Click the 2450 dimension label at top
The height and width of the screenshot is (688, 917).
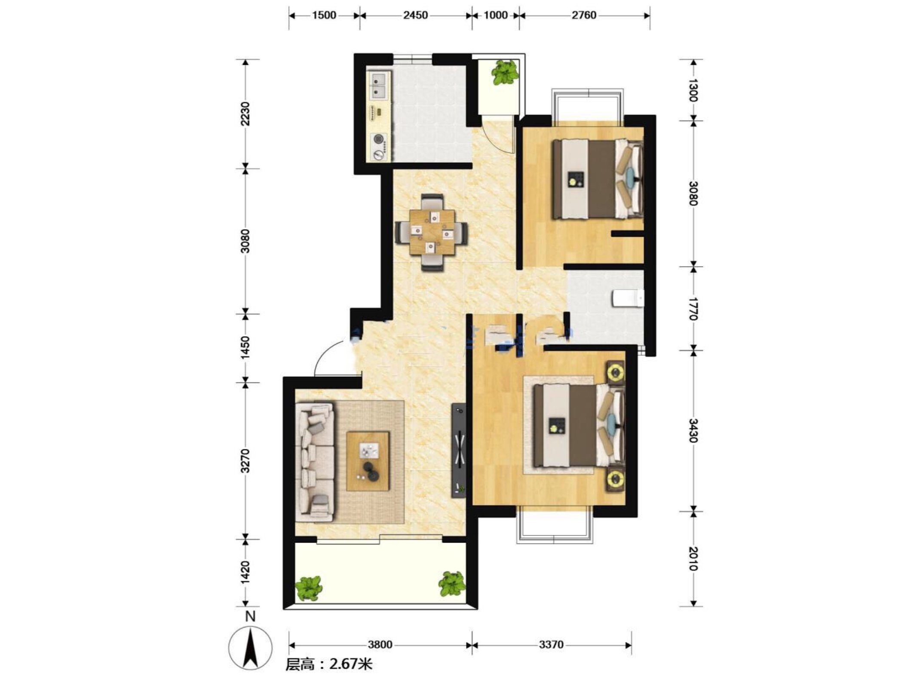pyautogui.click(x=415, y=15)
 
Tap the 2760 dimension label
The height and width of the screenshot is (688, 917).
pyautogui.click(x=584, y=15)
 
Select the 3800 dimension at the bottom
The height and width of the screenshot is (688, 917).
pyautogui.click(x=380, y=645)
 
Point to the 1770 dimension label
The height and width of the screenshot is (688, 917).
pyautogui.click(x=693, y=308)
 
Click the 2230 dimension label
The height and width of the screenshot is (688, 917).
pyautogui.click(x=245, y=114)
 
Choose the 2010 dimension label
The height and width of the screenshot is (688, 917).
pyautogui.click(x=693, y=559)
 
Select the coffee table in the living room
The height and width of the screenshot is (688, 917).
pyautogui.click(x=368, y=461)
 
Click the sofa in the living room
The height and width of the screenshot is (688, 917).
pyautogui.click(x=315, y=460)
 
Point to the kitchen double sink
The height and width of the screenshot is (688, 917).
pyautogui.click(x=78, y=86)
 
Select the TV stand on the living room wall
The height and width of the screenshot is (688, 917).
pyautogui.click(x=459, y=450)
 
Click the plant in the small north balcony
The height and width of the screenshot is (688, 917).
pyautogui.click(x=504, y=73)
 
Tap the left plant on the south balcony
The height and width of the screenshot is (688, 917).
pyautogui.click(x=309, y=589)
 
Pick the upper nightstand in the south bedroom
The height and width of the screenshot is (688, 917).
pyautogui.click(x=616, y=371)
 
